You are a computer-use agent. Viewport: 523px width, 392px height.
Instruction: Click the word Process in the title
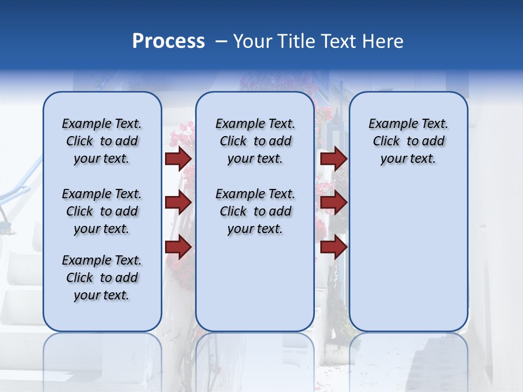pos(168,41)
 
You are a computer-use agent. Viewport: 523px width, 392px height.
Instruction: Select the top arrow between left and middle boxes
pos(178,158)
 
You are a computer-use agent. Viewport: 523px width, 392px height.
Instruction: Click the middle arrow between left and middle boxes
pos(178,203)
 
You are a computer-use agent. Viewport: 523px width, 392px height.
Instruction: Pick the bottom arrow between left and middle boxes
pos(178,247)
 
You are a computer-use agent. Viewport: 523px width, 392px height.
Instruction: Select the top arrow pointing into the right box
pos(333,158)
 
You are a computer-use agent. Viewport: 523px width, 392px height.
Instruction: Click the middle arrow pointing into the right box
pos(333,203)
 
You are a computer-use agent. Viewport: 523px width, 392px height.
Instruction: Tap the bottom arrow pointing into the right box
pos(333,247)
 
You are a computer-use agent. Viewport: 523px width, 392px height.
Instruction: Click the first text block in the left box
pos(102,141)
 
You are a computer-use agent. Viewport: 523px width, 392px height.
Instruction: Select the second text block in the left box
pos(102,211)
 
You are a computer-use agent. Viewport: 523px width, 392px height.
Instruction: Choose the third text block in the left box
pos(102,278)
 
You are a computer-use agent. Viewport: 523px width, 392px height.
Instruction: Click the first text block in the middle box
pos(255,141)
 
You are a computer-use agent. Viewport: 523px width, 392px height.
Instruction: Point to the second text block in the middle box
pos(255,211)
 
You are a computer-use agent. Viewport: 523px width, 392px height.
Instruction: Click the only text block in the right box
pos(408,141)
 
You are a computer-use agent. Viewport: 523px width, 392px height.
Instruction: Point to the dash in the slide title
pos(221,42)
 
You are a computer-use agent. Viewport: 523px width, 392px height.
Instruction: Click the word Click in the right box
pos(386,142)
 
